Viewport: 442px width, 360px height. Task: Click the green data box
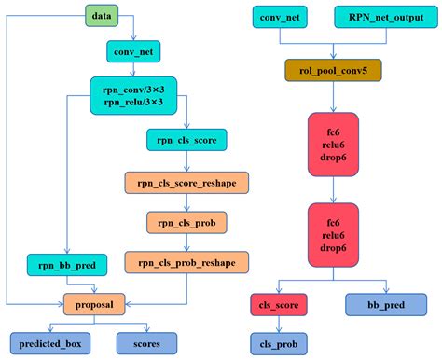coord(102,16)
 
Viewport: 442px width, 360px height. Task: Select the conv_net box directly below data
coord(133,51)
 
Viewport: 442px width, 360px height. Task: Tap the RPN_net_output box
coord(386,17)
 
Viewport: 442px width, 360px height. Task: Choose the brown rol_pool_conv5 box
coord(333,70)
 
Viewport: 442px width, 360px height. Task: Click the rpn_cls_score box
coord(186,140)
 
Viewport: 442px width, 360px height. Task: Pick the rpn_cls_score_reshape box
coord(186,183)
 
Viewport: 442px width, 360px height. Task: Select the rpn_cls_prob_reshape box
coord(186,262)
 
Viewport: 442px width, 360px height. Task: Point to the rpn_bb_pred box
coord(67,265)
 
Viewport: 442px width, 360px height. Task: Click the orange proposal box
coord(94,304)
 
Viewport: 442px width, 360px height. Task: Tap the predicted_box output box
coord(50,343)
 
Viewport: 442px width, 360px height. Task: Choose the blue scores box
coord(146,343)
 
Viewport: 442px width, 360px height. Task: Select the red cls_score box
coord(279,305)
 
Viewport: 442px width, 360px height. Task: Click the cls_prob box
coord(279,344)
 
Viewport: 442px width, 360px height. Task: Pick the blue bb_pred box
coord(386,305)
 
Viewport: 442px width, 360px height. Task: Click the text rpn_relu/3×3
coord(133,102)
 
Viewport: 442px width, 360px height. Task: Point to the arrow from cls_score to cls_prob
coord(279,325)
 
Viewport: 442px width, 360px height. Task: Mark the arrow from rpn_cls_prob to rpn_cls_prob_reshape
coord(186,242)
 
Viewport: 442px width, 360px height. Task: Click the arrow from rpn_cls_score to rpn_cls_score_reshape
coord(186,161)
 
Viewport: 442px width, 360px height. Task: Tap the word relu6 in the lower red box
coord(333,235)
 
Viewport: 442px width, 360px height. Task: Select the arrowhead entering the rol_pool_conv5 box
coord(333,56)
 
